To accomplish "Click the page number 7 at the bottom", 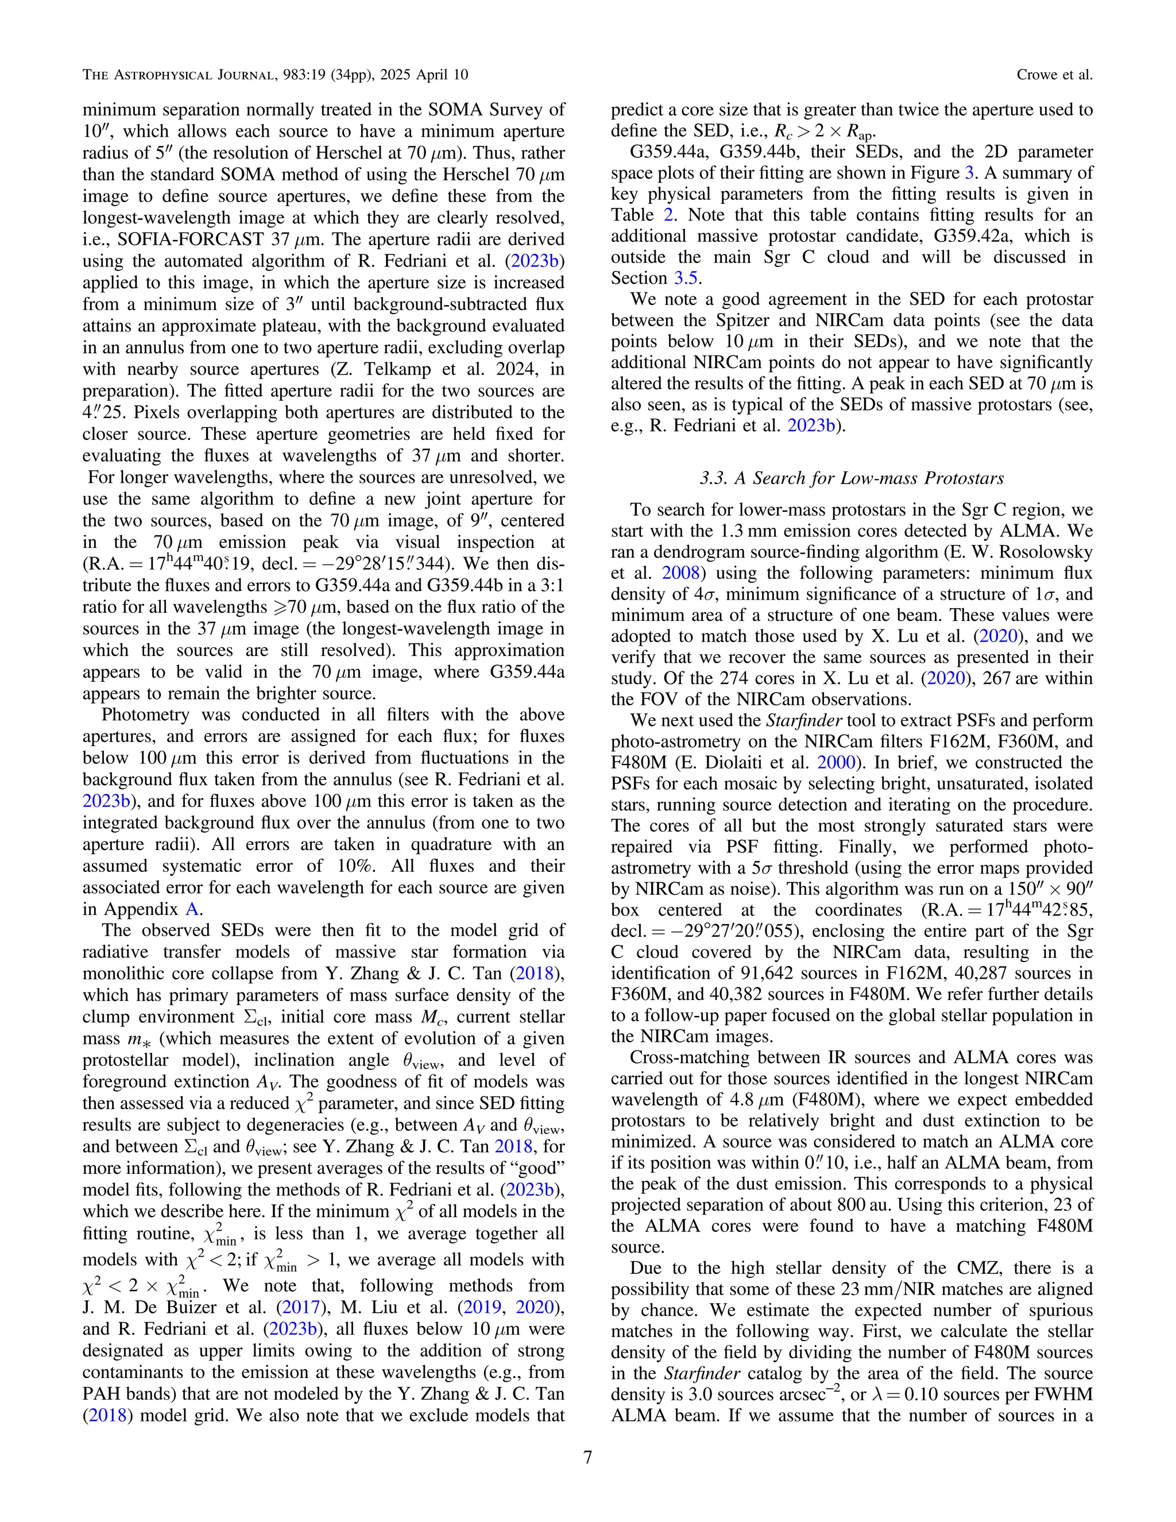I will [x=587, y=1457].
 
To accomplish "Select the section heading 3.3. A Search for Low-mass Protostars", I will [x=852, y=478].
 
